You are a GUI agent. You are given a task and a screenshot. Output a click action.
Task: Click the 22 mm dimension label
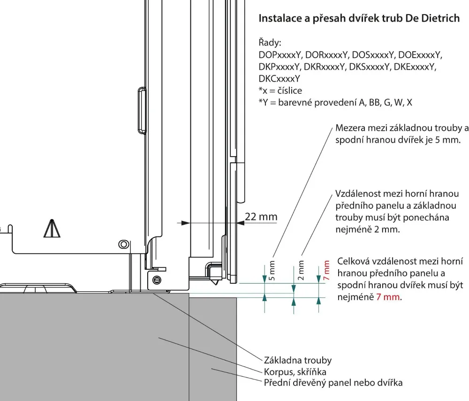[x=261, y=217]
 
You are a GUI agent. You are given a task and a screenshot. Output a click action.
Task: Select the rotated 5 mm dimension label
[x=273, y=270]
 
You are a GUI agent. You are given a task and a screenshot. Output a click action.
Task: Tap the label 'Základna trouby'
[x=298, y=360]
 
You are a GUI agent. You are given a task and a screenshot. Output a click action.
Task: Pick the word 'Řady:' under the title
[x=270, y=43]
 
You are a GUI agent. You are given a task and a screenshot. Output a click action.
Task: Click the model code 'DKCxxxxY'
[x=280, y=78]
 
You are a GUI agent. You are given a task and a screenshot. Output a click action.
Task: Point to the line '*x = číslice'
[x=280, y=90]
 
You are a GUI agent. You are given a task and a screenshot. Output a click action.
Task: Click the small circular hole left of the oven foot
[x=123, y=244]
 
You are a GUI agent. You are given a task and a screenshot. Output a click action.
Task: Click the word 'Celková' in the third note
[x=354, y=262]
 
